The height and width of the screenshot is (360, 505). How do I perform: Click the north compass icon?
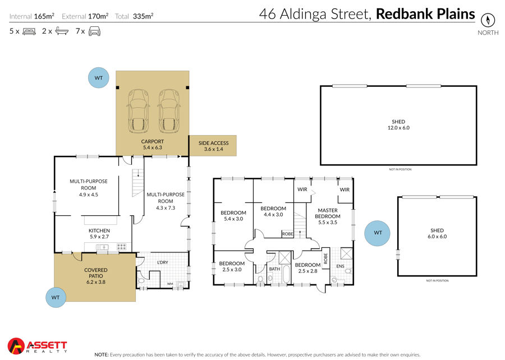point(488,20)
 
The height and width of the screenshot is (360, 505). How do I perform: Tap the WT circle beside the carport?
point(99,77)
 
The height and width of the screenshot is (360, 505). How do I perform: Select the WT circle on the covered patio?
point(56,297)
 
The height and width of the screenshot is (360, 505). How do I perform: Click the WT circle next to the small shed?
point(377,233)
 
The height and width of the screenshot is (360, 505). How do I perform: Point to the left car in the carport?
point(139,111)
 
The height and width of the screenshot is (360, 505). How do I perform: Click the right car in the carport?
point(169,111)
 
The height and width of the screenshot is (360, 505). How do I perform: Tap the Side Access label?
point(214,143)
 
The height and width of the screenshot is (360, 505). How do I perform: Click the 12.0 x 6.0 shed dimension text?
point(398,128)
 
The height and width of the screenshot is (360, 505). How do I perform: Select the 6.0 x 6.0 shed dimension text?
point(437,237)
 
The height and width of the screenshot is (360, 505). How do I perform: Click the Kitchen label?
point(99,230)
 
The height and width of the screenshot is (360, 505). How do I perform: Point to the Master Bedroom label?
point(328,213)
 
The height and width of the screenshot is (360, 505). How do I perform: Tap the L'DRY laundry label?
point(163,262)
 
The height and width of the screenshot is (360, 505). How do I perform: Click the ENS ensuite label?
point(340,266)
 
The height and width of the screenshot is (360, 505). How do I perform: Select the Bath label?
point(274,269)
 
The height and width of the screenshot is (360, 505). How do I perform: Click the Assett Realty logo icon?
point(16,346)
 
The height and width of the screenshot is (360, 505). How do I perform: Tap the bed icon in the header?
point(29,31)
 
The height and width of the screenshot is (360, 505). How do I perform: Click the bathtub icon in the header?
point(62,31)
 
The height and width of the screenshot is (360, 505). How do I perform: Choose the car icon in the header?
point(94,31)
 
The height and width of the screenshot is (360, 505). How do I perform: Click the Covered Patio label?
point(96,273)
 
